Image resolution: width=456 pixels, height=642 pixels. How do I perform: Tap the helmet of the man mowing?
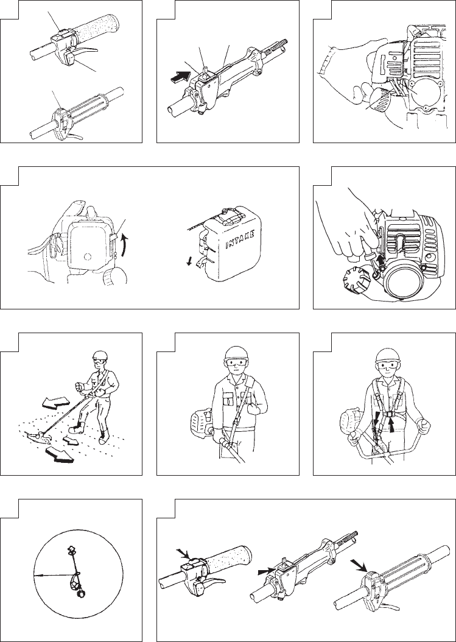point(99,355)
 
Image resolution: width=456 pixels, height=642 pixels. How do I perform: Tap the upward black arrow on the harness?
point(392,428)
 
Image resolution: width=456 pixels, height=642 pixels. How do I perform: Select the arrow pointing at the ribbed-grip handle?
point(358,565)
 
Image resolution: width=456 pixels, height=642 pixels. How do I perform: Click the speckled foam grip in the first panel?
point(95,28)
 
